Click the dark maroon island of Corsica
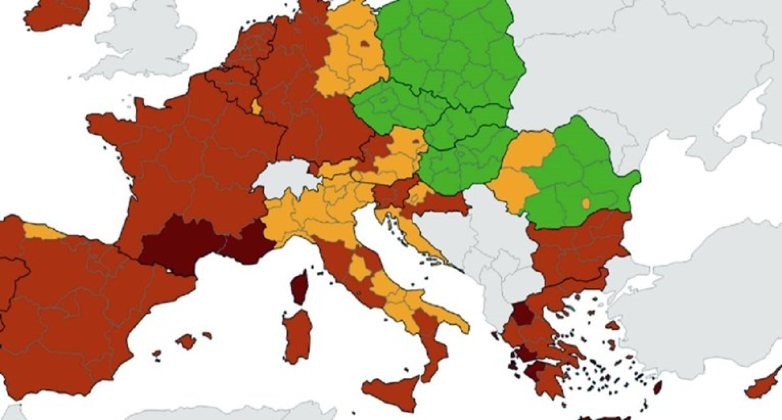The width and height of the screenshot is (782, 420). [300, 288]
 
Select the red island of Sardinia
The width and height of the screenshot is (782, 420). [297, 335]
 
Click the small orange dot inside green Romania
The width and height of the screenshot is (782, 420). [586, 204]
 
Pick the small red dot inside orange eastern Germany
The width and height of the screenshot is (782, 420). [365, 43]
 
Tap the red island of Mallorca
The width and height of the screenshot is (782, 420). [186, 341]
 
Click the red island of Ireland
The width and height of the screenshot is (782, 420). [55, 13]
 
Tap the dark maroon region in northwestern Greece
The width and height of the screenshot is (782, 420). [523, 315]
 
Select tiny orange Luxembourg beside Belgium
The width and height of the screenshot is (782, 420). [257, 107]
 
